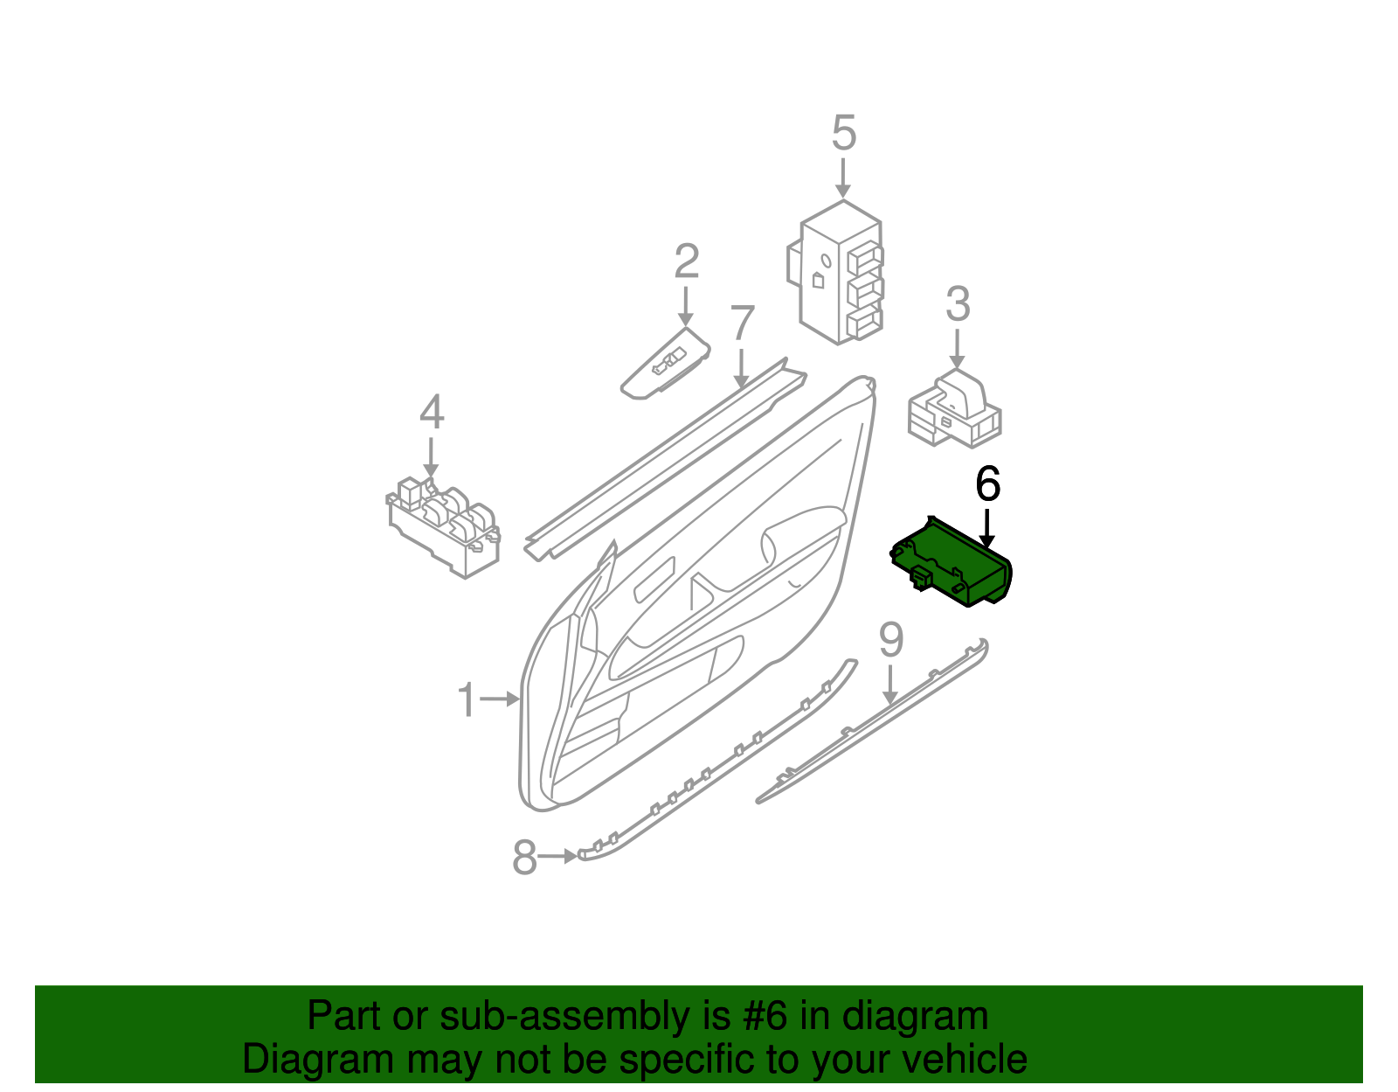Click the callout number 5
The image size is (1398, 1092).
pos(843,133)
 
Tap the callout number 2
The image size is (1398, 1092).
pos(687,261)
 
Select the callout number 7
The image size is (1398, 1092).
pos(742,323)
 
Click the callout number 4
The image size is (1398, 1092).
pos(431,412)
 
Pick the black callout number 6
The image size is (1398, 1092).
pos(987,483)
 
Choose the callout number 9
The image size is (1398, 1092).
pos(891,640)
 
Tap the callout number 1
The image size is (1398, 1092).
pos(467,699)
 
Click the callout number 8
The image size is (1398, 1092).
pos(524,857)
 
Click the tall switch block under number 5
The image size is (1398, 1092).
pos(835,273)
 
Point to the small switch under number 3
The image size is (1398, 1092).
pos(954,408)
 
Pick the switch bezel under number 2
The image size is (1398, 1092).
pos(665,364)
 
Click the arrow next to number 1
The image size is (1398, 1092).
pos(500,699)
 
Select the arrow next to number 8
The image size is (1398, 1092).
pos(557,857)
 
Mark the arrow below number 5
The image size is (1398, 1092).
pos(843,178)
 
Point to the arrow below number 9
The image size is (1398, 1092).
pos(889,685)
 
